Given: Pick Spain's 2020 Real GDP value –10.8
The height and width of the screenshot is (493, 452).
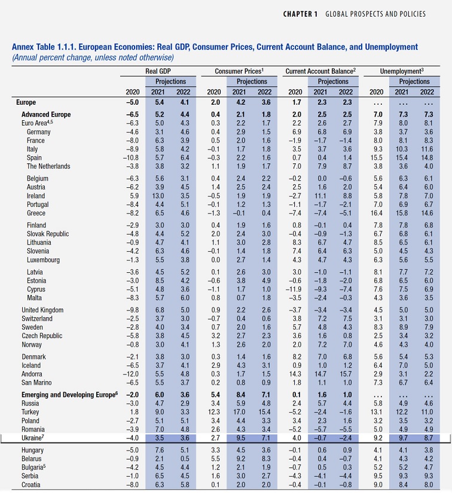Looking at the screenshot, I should (x=130, y=157).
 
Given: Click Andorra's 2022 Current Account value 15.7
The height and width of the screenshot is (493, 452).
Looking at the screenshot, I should (x=346, y=373).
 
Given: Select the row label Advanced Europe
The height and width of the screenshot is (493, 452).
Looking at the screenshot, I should (x=46, y=114).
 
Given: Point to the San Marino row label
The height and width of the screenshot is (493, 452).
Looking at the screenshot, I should (x=39, y=382).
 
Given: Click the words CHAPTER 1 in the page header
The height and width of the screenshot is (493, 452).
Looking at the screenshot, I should (x=301, y=14).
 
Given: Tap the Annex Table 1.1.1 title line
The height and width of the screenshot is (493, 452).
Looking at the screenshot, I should (x=215, y=47).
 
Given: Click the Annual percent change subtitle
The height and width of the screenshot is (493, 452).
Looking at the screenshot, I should (x=93, y=57).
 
